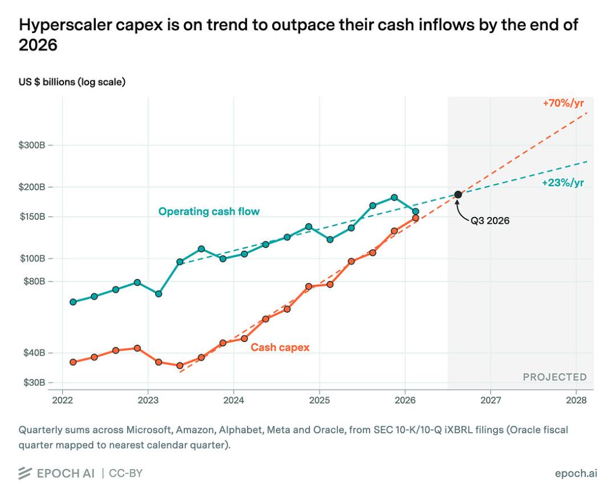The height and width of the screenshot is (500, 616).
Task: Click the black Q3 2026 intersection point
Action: click(x=458, y=195)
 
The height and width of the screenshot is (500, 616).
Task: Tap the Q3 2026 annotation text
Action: click(x=490, y=220)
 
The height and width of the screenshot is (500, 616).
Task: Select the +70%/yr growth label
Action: click(x=564, y=103)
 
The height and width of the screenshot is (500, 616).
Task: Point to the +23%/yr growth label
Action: click(x=563, y=183)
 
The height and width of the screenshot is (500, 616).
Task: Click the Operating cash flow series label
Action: click(x=209, y=212)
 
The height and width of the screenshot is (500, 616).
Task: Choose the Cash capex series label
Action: click(x=280, y=348)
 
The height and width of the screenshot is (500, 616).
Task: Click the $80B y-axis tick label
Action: click(x=35, y=281)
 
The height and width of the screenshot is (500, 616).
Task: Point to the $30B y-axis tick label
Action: click(x=35, y=382)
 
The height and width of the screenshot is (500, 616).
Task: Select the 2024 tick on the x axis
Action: click(x=234, y=400)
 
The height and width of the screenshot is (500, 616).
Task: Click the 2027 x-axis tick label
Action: click(x=491, y=400)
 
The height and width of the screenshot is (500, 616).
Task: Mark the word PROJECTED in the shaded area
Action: click(x=555, y=377)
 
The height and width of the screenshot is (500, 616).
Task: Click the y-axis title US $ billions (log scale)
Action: click(x=72, y=82)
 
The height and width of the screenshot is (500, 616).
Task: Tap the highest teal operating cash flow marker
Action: click(x=395, y=197)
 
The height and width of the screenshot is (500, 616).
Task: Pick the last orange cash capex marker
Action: click(x=416, y=218)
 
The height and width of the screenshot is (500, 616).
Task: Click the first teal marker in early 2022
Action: click(x=73, y=302)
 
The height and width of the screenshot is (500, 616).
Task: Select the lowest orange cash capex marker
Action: click(x=180, y=365)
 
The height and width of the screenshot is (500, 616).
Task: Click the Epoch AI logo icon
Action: click(x=25, y=473)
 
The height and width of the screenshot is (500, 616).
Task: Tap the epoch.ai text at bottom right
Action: click(x=576, y=473)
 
